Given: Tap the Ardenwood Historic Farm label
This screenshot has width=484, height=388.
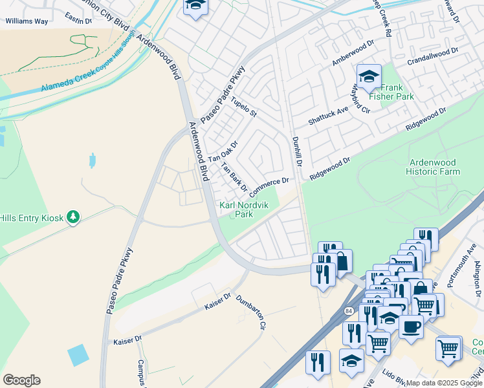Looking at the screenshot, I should point(433,167).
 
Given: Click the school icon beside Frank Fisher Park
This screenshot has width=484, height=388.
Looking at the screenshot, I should point(369,77).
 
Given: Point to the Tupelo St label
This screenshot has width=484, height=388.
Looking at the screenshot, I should point(244,107).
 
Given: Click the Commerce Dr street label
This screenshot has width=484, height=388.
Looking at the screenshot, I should point(268,186).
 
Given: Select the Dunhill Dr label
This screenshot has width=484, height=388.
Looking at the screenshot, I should point(298,150).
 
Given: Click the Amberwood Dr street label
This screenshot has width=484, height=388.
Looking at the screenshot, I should point(353,52).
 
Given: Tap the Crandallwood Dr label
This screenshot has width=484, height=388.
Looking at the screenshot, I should point(433,57).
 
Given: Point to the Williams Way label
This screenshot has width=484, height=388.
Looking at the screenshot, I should point(27,21).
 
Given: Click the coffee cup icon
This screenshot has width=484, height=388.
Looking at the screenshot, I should point(410,327).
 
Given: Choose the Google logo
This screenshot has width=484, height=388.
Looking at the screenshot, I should point(21,380).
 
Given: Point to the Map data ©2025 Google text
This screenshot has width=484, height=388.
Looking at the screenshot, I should point(443,383).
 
